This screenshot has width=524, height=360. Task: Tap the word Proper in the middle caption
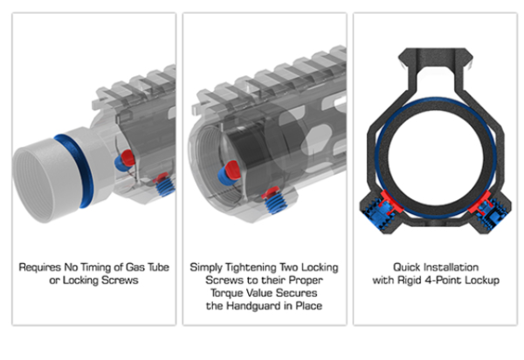(x=306, y=280)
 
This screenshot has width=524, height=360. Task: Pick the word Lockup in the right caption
(x=482, y=280)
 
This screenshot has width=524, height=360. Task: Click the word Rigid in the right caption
(x=410, y=280)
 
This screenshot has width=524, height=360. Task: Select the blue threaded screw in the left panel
(x=165, y=187)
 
